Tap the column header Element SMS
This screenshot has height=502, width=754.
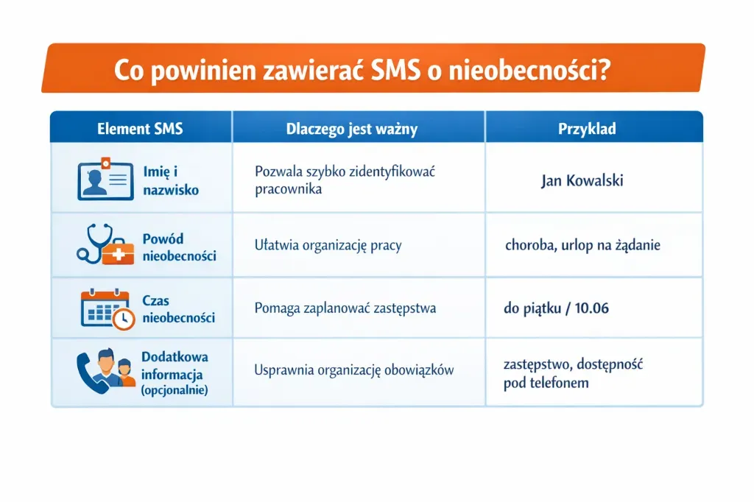point(140,129)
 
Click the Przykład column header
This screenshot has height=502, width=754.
point(587,129)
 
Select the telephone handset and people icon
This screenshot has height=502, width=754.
point(106,372)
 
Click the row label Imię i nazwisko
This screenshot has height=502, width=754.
point(171,180)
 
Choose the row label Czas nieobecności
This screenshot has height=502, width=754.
point(178,309)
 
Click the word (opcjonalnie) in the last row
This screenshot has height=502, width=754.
point(174,390)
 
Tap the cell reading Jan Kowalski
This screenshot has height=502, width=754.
point(582,180)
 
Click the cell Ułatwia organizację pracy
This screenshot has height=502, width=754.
point(328,246)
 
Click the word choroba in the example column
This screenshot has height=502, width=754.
point(530,246)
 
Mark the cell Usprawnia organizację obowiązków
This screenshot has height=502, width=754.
point(353,370)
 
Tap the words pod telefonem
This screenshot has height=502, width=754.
point(546,383)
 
